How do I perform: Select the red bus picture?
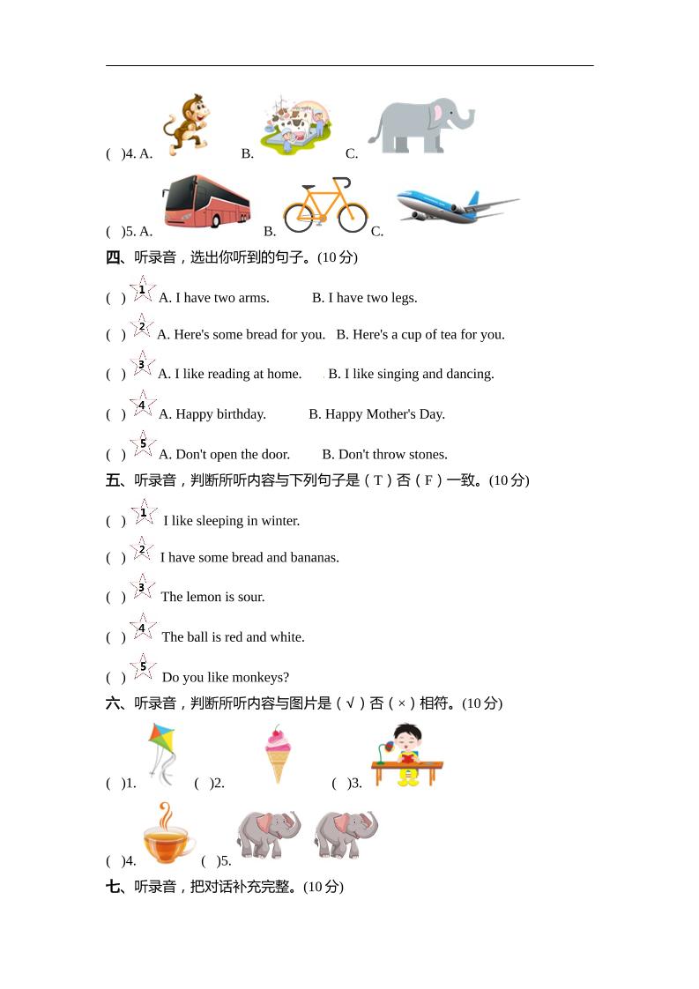pos(206,202)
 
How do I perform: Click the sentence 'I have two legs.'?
pos(364,298)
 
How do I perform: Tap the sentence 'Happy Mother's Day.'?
pos(376,414)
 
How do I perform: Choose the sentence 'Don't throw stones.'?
pos(384,455)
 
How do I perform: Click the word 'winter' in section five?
pos(279,521)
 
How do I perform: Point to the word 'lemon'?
pos(204,597)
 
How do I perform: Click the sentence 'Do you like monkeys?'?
pos(226,678)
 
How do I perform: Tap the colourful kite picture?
pos(162,752)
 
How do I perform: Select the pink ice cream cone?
pos(278,755)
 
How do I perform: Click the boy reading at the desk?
pos(406,755)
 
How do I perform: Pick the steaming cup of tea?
pos(168,835)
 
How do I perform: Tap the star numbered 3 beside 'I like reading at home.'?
pos(141,364)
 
